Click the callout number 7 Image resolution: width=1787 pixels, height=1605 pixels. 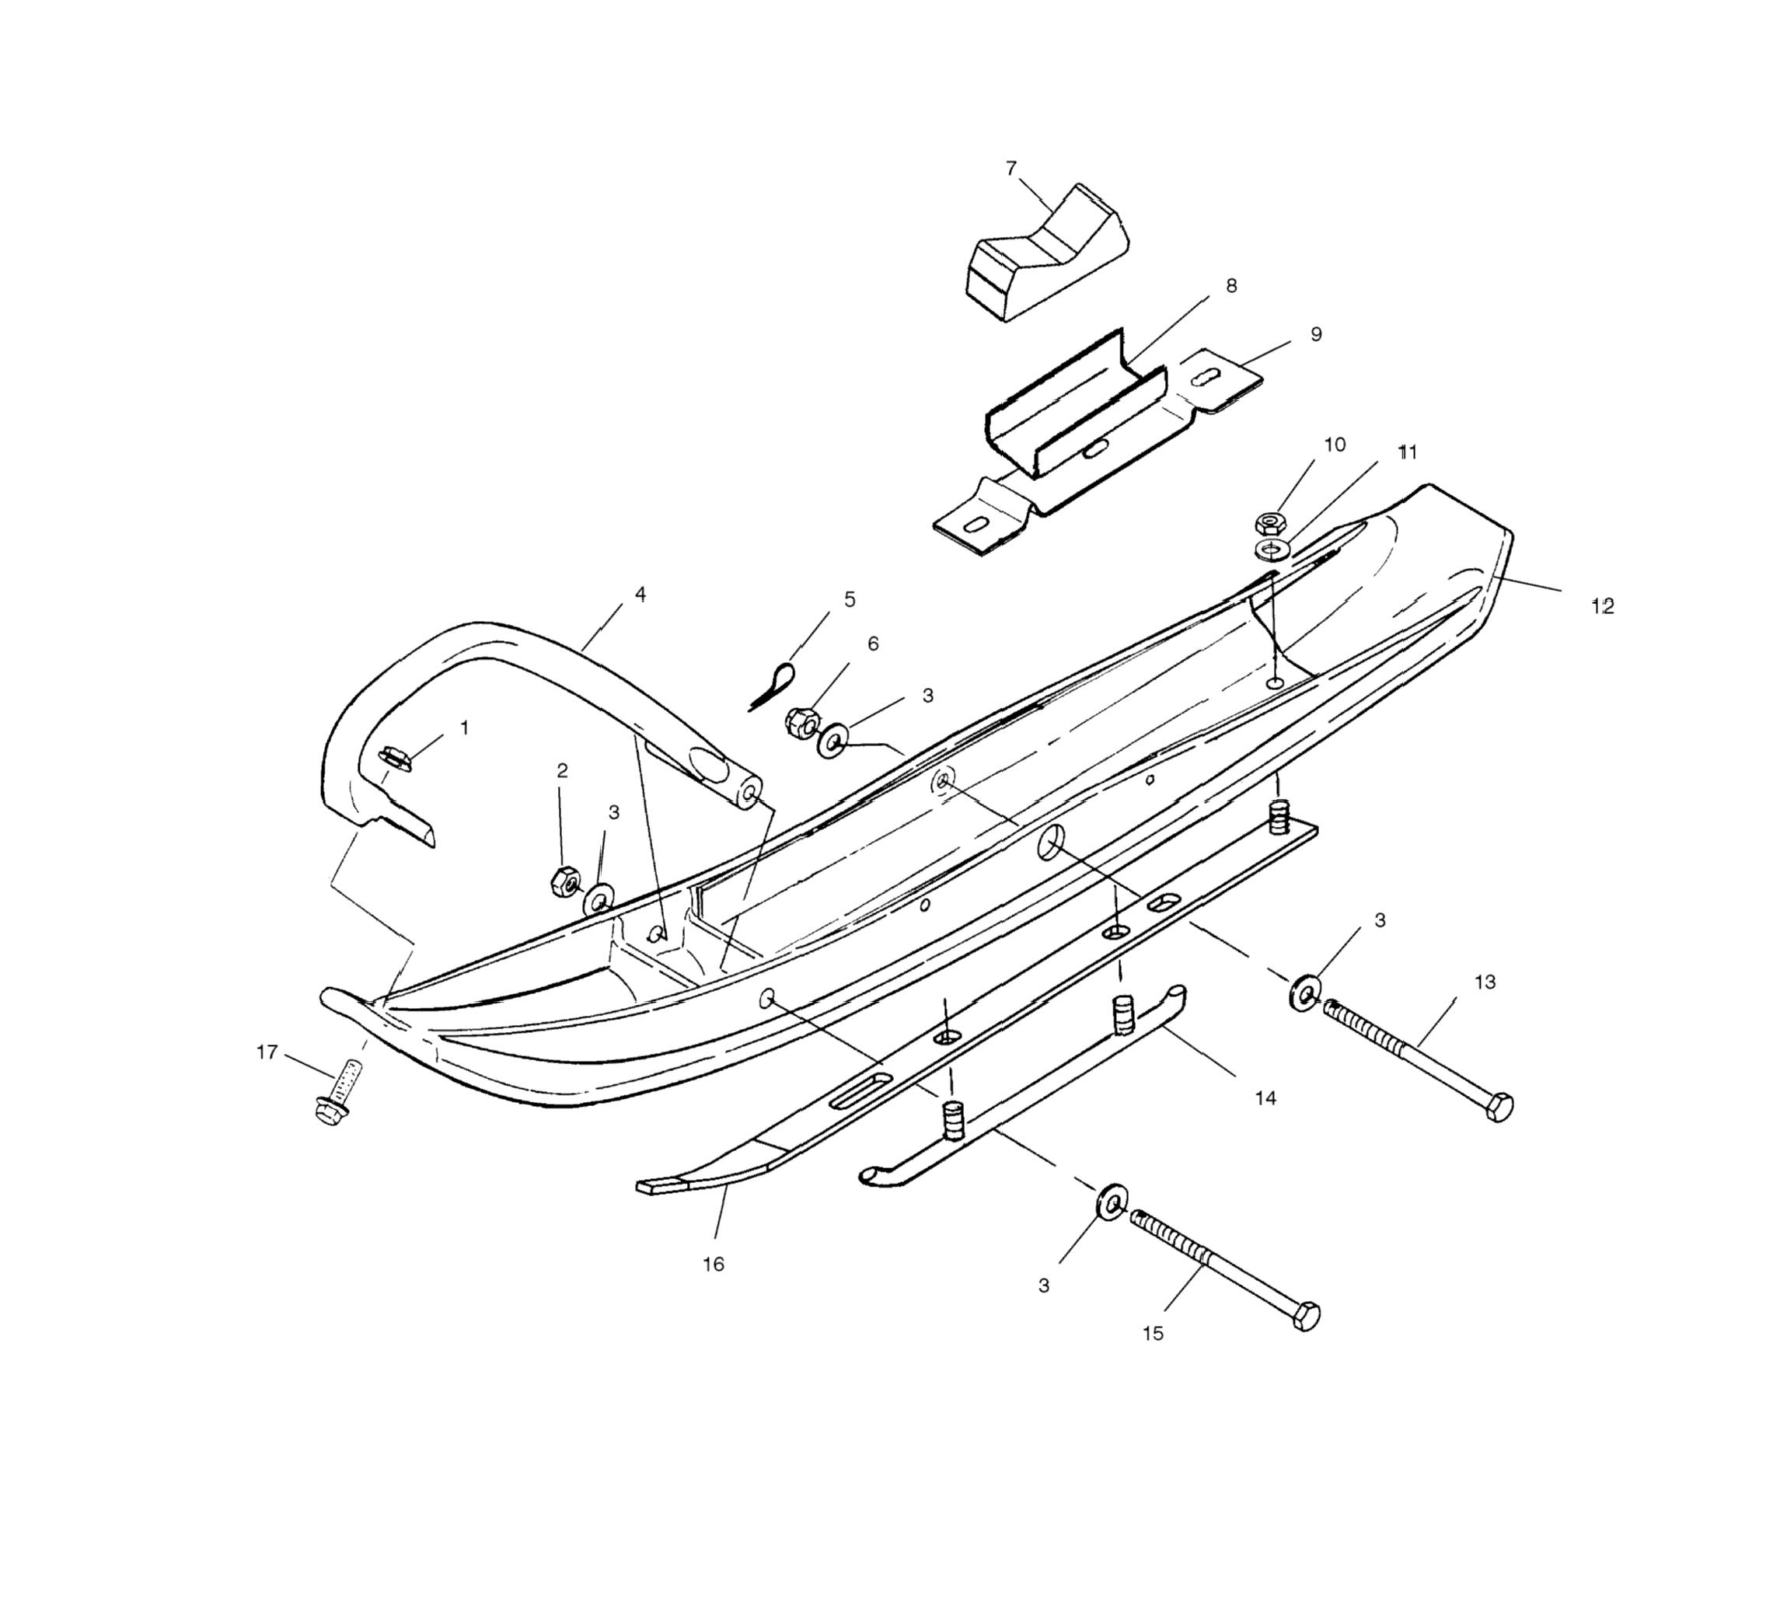coord(1010,168)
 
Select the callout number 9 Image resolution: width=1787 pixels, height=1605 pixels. coord(1316,334)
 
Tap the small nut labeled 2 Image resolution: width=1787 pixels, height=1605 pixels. coord(564,880)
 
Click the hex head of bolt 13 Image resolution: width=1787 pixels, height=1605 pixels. coord(1499,1107)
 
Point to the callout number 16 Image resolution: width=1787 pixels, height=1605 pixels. coord(713,1264)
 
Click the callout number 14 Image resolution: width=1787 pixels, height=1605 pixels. coord(1265,1098)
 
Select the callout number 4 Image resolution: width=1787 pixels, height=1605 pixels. coord(640,595)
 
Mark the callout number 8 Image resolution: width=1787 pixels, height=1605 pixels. coord(1231,286)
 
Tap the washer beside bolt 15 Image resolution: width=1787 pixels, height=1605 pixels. coord(1112,1202)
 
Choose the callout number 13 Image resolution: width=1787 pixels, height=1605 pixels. coord(1485,982)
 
